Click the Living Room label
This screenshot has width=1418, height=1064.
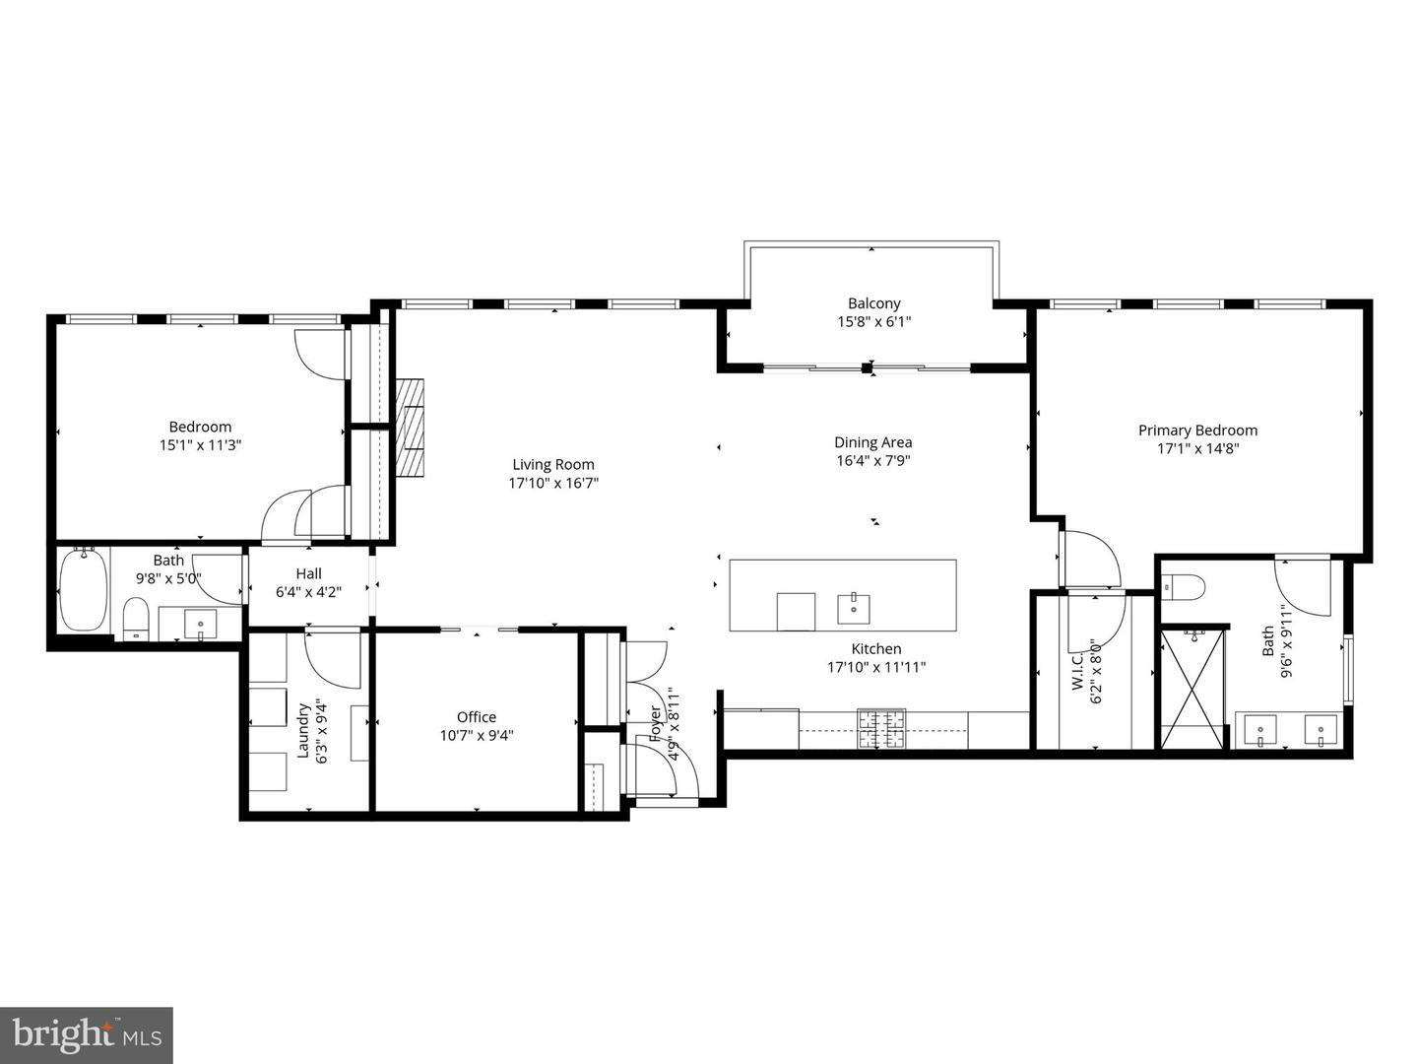coord(553,464)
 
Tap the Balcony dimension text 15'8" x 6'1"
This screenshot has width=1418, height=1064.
coord(873,321)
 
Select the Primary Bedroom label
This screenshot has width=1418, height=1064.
coord(1197,430)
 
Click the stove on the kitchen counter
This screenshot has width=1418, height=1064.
coord(881,728)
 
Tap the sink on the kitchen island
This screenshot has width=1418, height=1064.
coord(853,609)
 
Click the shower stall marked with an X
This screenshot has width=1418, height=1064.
coord(1193,688)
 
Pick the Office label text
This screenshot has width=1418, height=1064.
coord(477,717)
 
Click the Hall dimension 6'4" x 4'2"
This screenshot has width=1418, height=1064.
coord(308,591)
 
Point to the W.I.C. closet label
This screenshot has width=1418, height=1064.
coord(1076,670)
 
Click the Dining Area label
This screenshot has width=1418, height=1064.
coord(872,442)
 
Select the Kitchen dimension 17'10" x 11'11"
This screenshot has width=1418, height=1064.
coord(875,667)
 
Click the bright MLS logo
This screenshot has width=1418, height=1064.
coord(87,1034)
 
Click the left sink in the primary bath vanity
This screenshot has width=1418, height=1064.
coord(1260,731)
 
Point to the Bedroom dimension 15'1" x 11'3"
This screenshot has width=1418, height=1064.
coord(200,444)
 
